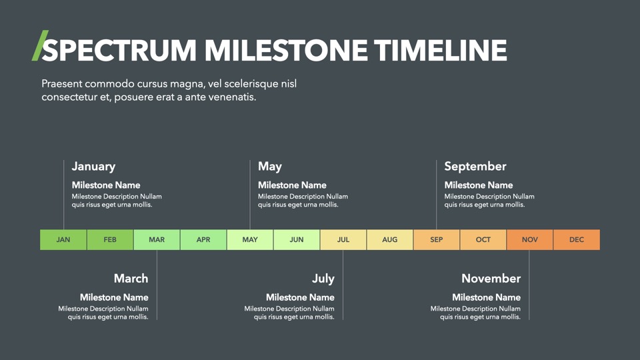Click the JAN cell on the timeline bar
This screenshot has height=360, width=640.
63,239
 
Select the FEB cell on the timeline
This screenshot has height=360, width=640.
110,239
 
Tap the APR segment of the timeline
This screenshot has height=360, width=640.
203,239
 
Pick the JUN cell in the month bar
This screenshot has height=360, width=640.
297,239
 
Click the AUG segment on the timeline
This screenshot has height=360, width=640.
390,239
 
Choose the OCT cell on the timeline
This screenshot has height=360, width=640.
483,239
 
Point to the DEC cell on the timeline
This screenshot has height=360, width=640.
577,239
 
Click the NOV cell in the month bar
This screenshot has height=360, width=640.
530,239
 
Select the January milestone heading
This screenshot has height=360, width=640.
93,167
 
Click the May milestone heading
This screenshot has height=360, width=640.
270,167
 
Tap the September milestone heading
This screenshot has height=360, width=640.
475,167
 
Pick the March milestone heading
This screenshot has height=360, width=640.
131,279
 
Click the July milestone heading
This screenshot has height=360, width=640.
323,279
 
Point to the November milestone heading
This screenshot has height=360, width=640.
491,279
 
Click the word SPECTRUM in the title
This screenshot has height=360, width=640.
119,50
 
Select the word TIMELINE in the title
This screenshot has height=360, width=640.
441,50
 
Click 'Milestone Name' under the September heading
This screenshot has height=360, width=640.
479,185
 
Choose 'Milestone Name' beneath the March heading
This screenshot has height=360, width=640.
114,297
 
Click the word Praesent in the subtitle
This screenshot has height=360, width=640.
61,84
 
